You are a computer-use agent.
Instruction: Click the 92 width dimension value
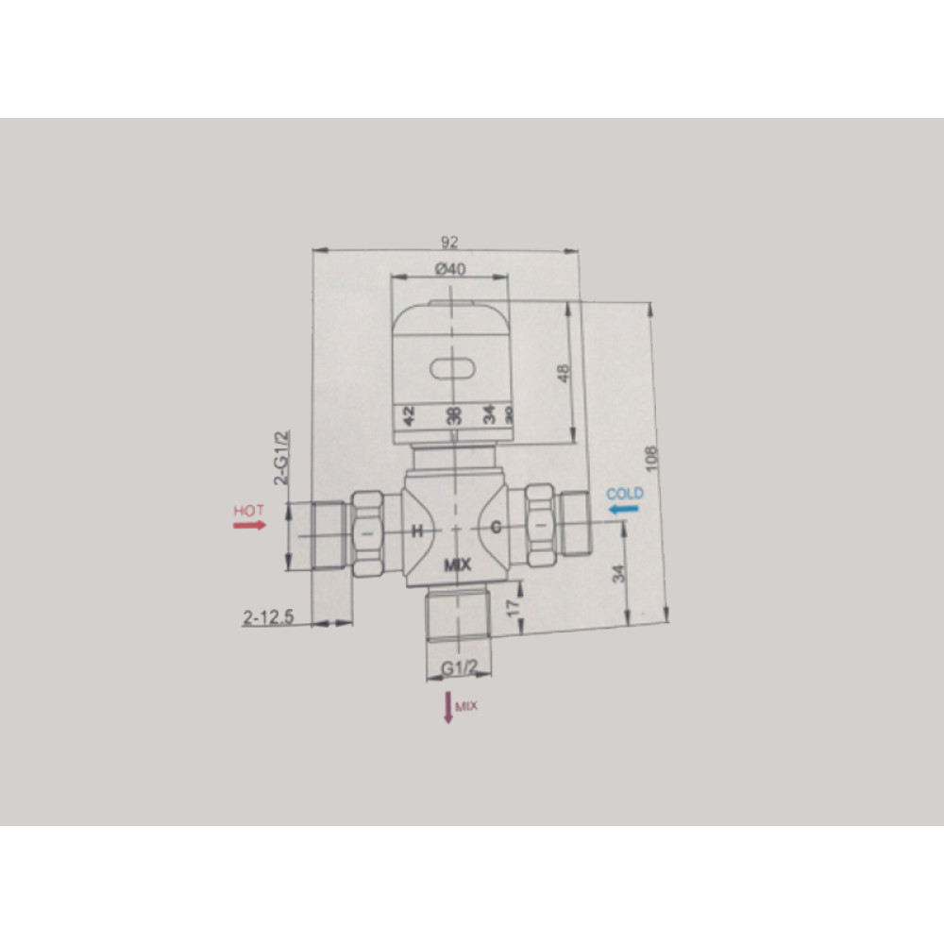coord(449,242)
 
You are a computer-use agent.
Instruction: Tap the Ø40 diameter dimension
coord(450,268)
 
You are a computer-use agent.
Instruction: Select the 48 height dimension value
coord(564,373)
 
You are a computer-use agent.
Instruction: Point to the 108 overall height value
coord(650,459)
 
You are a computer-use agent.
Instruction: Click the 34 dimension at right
coord(619,574)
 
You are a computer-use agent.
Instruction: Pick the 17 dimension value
coord(513,607)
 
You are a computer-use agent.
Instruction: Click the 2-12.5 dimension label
coord(268,617)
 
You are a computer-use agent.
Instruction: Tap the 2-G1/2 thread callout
coord(281,458)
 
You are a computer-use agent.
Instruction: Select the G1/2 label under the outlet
coord(460,667)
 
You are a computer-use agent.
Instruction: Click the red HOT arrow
coord(249,526)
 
